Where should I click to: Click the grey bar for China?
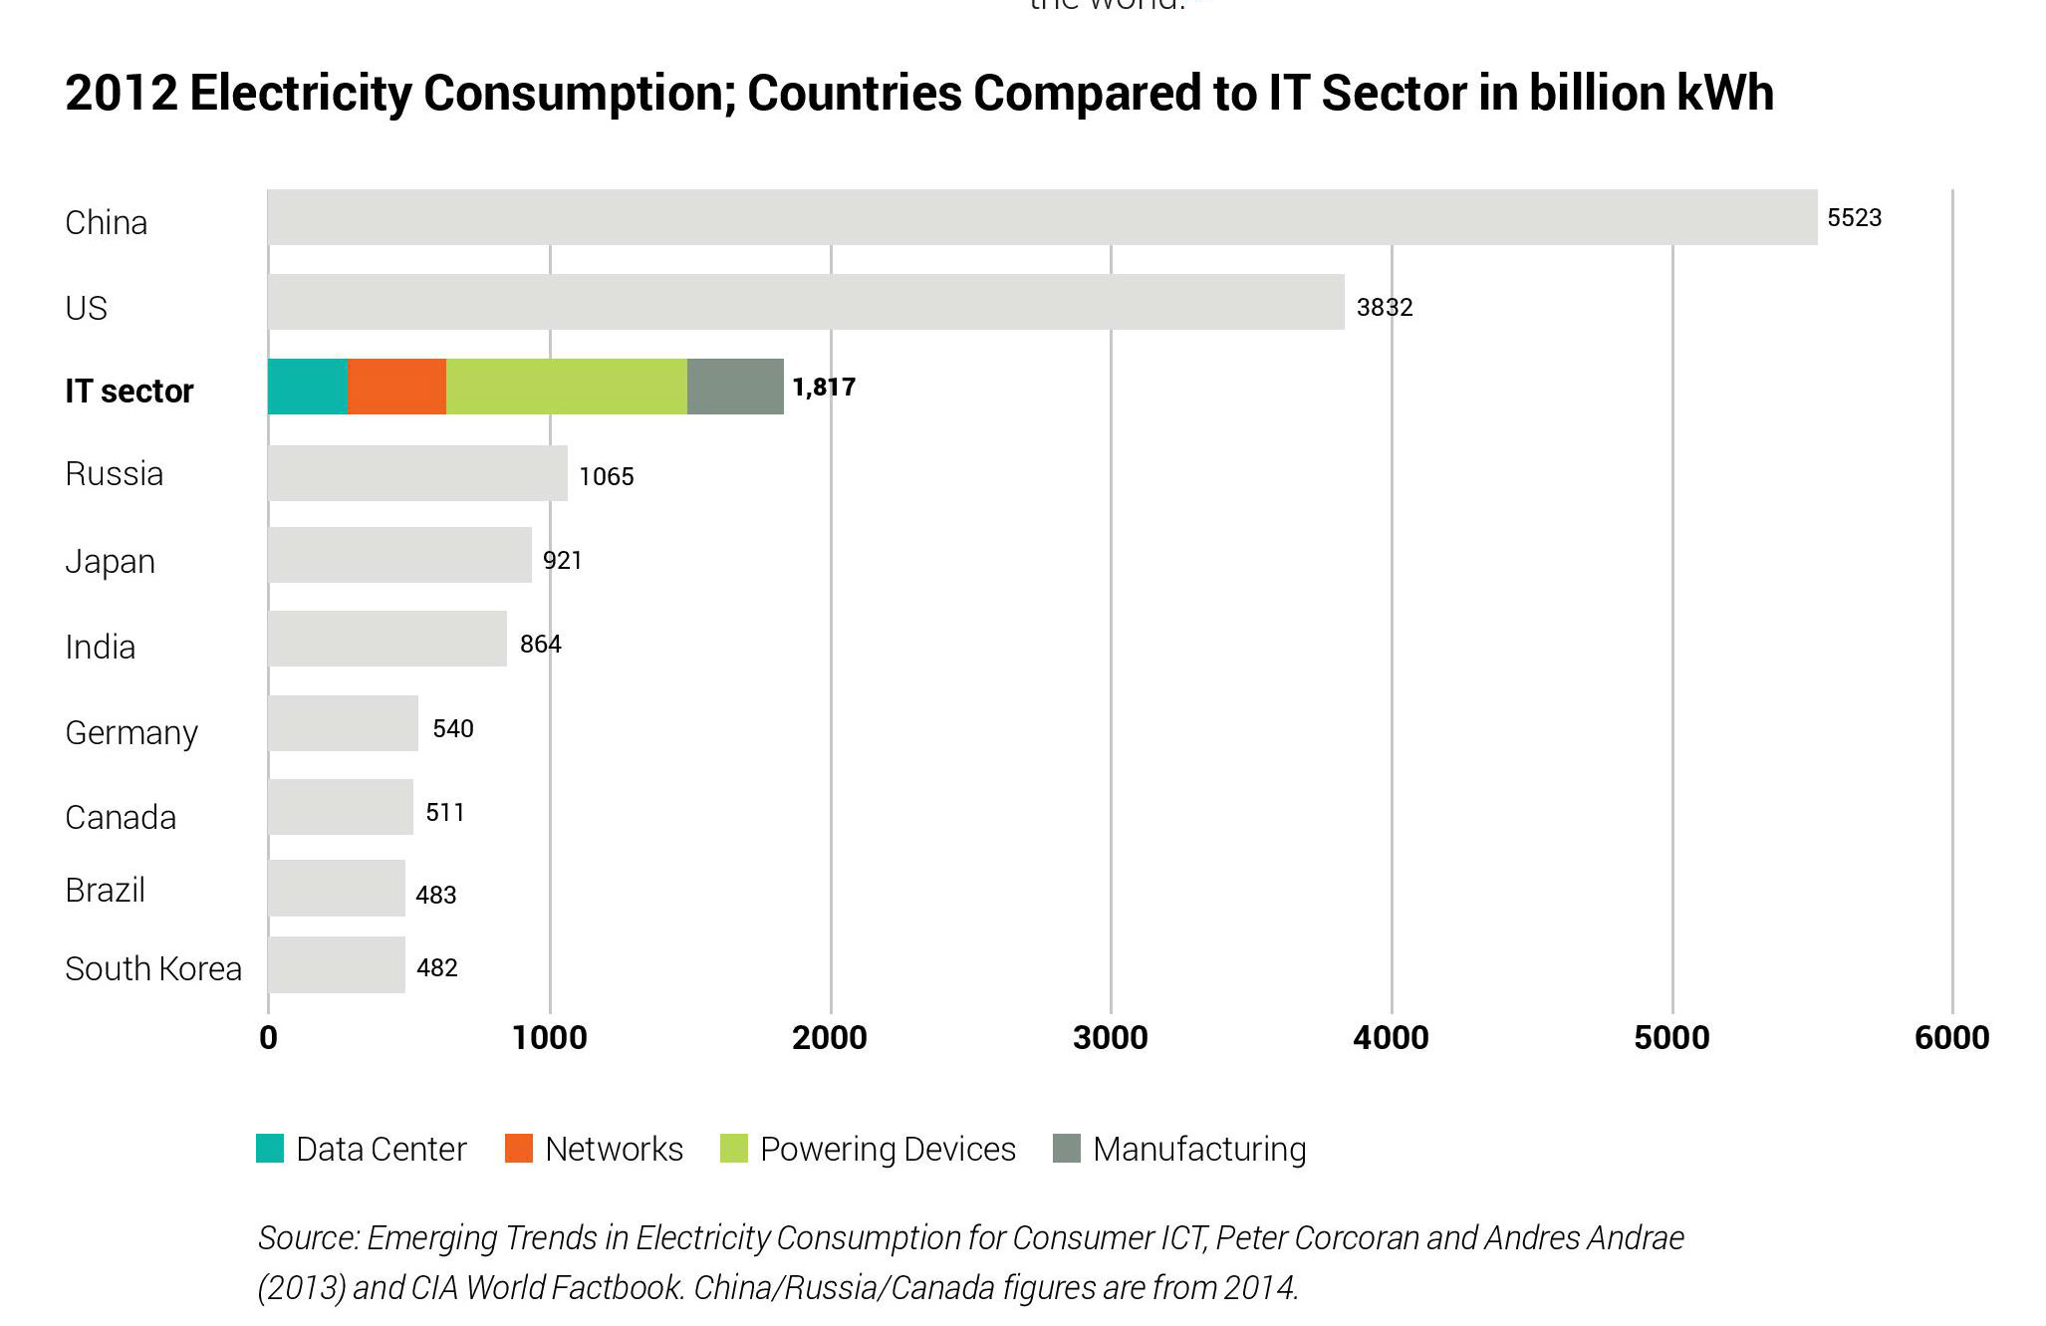tap(1042, 217)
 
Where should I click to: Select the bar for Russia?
tap(417, 473)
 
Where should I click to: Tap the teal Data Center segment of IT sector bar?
tap(308, 387)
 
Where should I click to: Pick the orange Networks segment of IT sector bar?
tap(396, 387)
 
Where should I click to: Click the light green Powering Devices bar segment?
tap(566, 387)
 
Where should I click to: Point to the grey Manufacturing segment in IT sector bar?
tap(735, 387)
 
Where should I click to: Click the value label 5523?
tap(1854, 218)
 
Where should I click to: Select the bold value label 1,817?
tap(824, 387)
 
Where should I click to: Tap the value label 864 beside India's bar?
tap(540, 645)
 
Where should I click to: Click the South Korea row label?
tap(153, 968)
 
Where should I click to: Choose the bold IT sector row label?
tap(129, 391)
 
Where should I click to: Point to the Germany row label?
tap(131, 733)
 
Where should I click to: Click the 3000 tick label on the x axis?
tap(1110, 1038)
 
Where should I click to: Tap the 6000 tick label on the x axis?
tap(1951, 1038)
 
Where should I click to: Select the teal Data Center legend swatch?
tap(270, 1149)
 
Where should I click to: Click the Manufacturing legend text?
tap(1199, 1150)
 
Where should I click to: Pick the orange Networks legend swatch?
tap(519, 1149)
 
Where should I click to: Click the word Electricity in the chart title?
tap(300, 94)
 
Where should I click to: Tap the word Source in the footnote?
tap(308, 1238)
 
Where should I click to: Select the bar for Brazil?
tap(337, 889)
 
